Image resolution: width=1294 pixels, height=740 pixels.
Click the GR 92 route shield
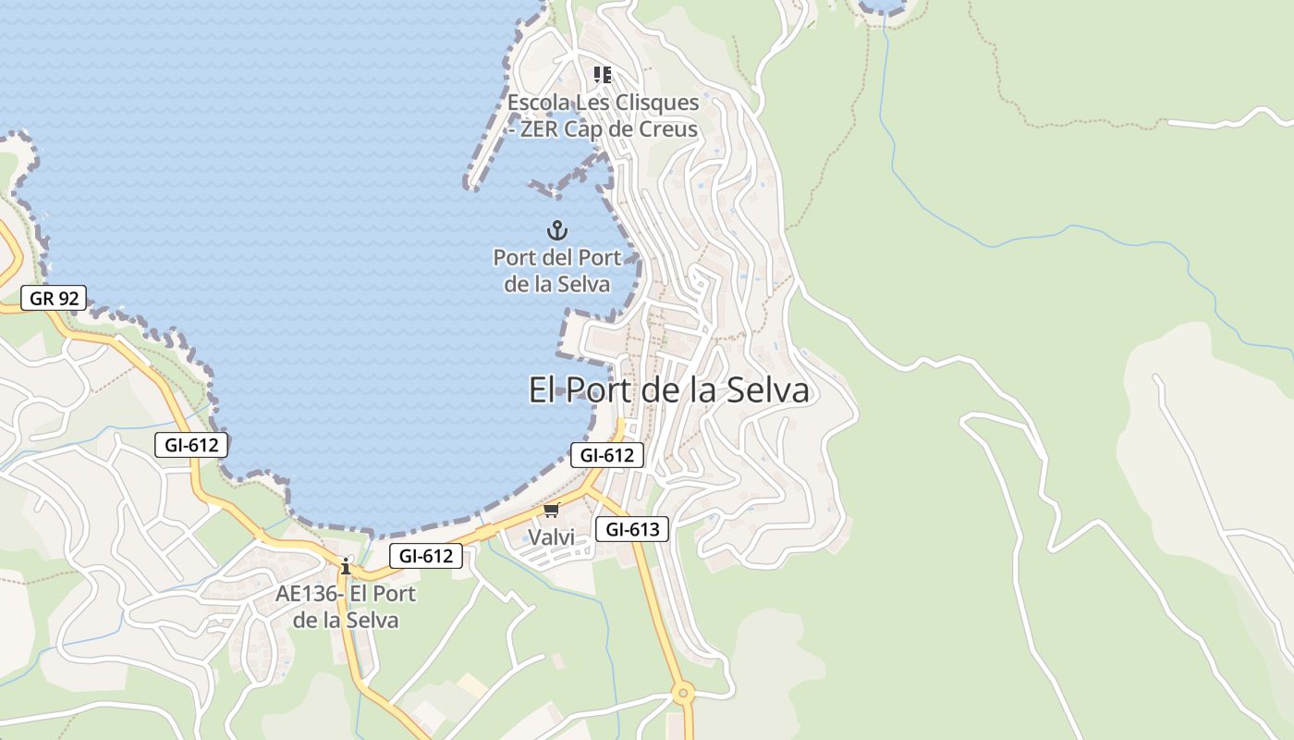tap(54, 298)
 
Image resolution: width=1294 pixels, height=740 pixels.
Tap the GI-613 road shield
tap(632, 529)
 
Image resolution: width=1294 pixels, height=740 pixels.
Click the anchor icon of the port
tap(556, 230)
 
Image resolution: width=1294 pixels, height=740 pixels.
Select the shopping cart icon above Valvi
tap(552, 510)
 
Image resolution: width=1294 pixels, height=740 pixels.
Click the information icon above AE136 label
tap(346, 566)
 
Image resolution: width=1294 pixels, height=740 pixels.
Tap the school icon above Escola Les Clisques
tap(603, 74)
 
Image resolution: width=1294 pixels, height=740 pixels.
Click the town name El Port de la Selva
tap(668, 389)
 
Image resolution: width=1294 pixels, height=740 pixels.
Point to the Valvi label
tap(551, 536)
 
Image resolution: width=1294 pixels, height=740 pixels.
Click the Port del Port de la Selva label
tap(556, 271)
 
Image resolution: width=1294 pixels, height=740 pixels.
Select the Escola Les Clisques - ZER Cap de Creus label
tap(603, 116)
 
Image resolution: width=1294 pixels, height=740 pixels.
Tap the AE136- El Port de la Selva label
tap(346, 607)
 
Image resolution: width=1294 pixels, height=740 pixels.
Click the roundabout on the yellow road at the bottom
tap(683, 692)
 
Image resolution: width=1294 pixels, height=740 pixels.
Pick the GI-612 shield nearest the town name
tap(606, 454)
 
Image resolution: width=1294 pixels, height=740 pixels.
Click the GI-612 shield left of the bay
tap(191, 445)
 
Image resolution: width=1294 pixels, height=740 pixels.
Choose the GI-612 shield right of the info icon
tap(425, 556)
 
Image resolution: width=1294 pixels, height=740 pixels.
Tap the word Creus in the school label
tap(667, 129)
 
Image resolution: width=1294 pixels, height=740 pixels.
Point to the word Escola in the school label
tap(539, 102)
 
